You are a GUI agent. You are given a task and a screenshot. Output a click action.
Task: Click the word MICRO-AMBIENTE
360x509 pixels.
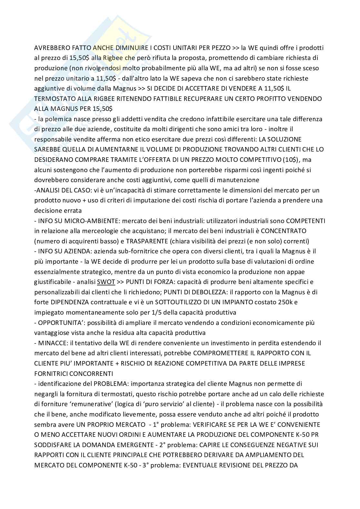point(79,221)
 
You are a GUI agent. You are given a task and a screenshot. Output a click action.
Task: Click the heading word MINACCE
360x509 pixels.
point(51,343)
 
